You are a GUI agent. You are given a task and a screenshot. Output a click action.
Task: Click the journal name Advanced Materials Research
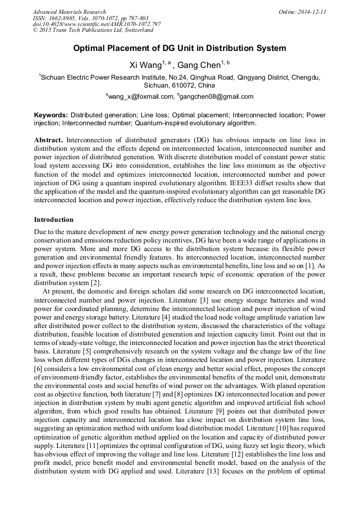[x=69, y=12]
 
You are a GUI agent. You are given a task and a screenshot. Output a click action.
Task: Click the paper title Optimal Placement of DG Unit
[x=179, y=48]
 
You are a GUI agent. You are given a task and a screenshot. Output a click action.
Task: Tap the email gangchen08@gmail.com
[x=209, y=97]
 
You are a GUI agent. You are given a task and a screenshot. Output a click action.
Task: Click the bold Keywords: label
[x=51, y=115]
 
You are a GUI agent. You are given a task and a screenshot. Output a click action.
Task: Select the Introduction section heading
[x=54, y=219]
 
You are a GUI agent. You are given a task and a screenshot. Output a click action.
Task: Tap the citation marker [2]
[x=96, y=282]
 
